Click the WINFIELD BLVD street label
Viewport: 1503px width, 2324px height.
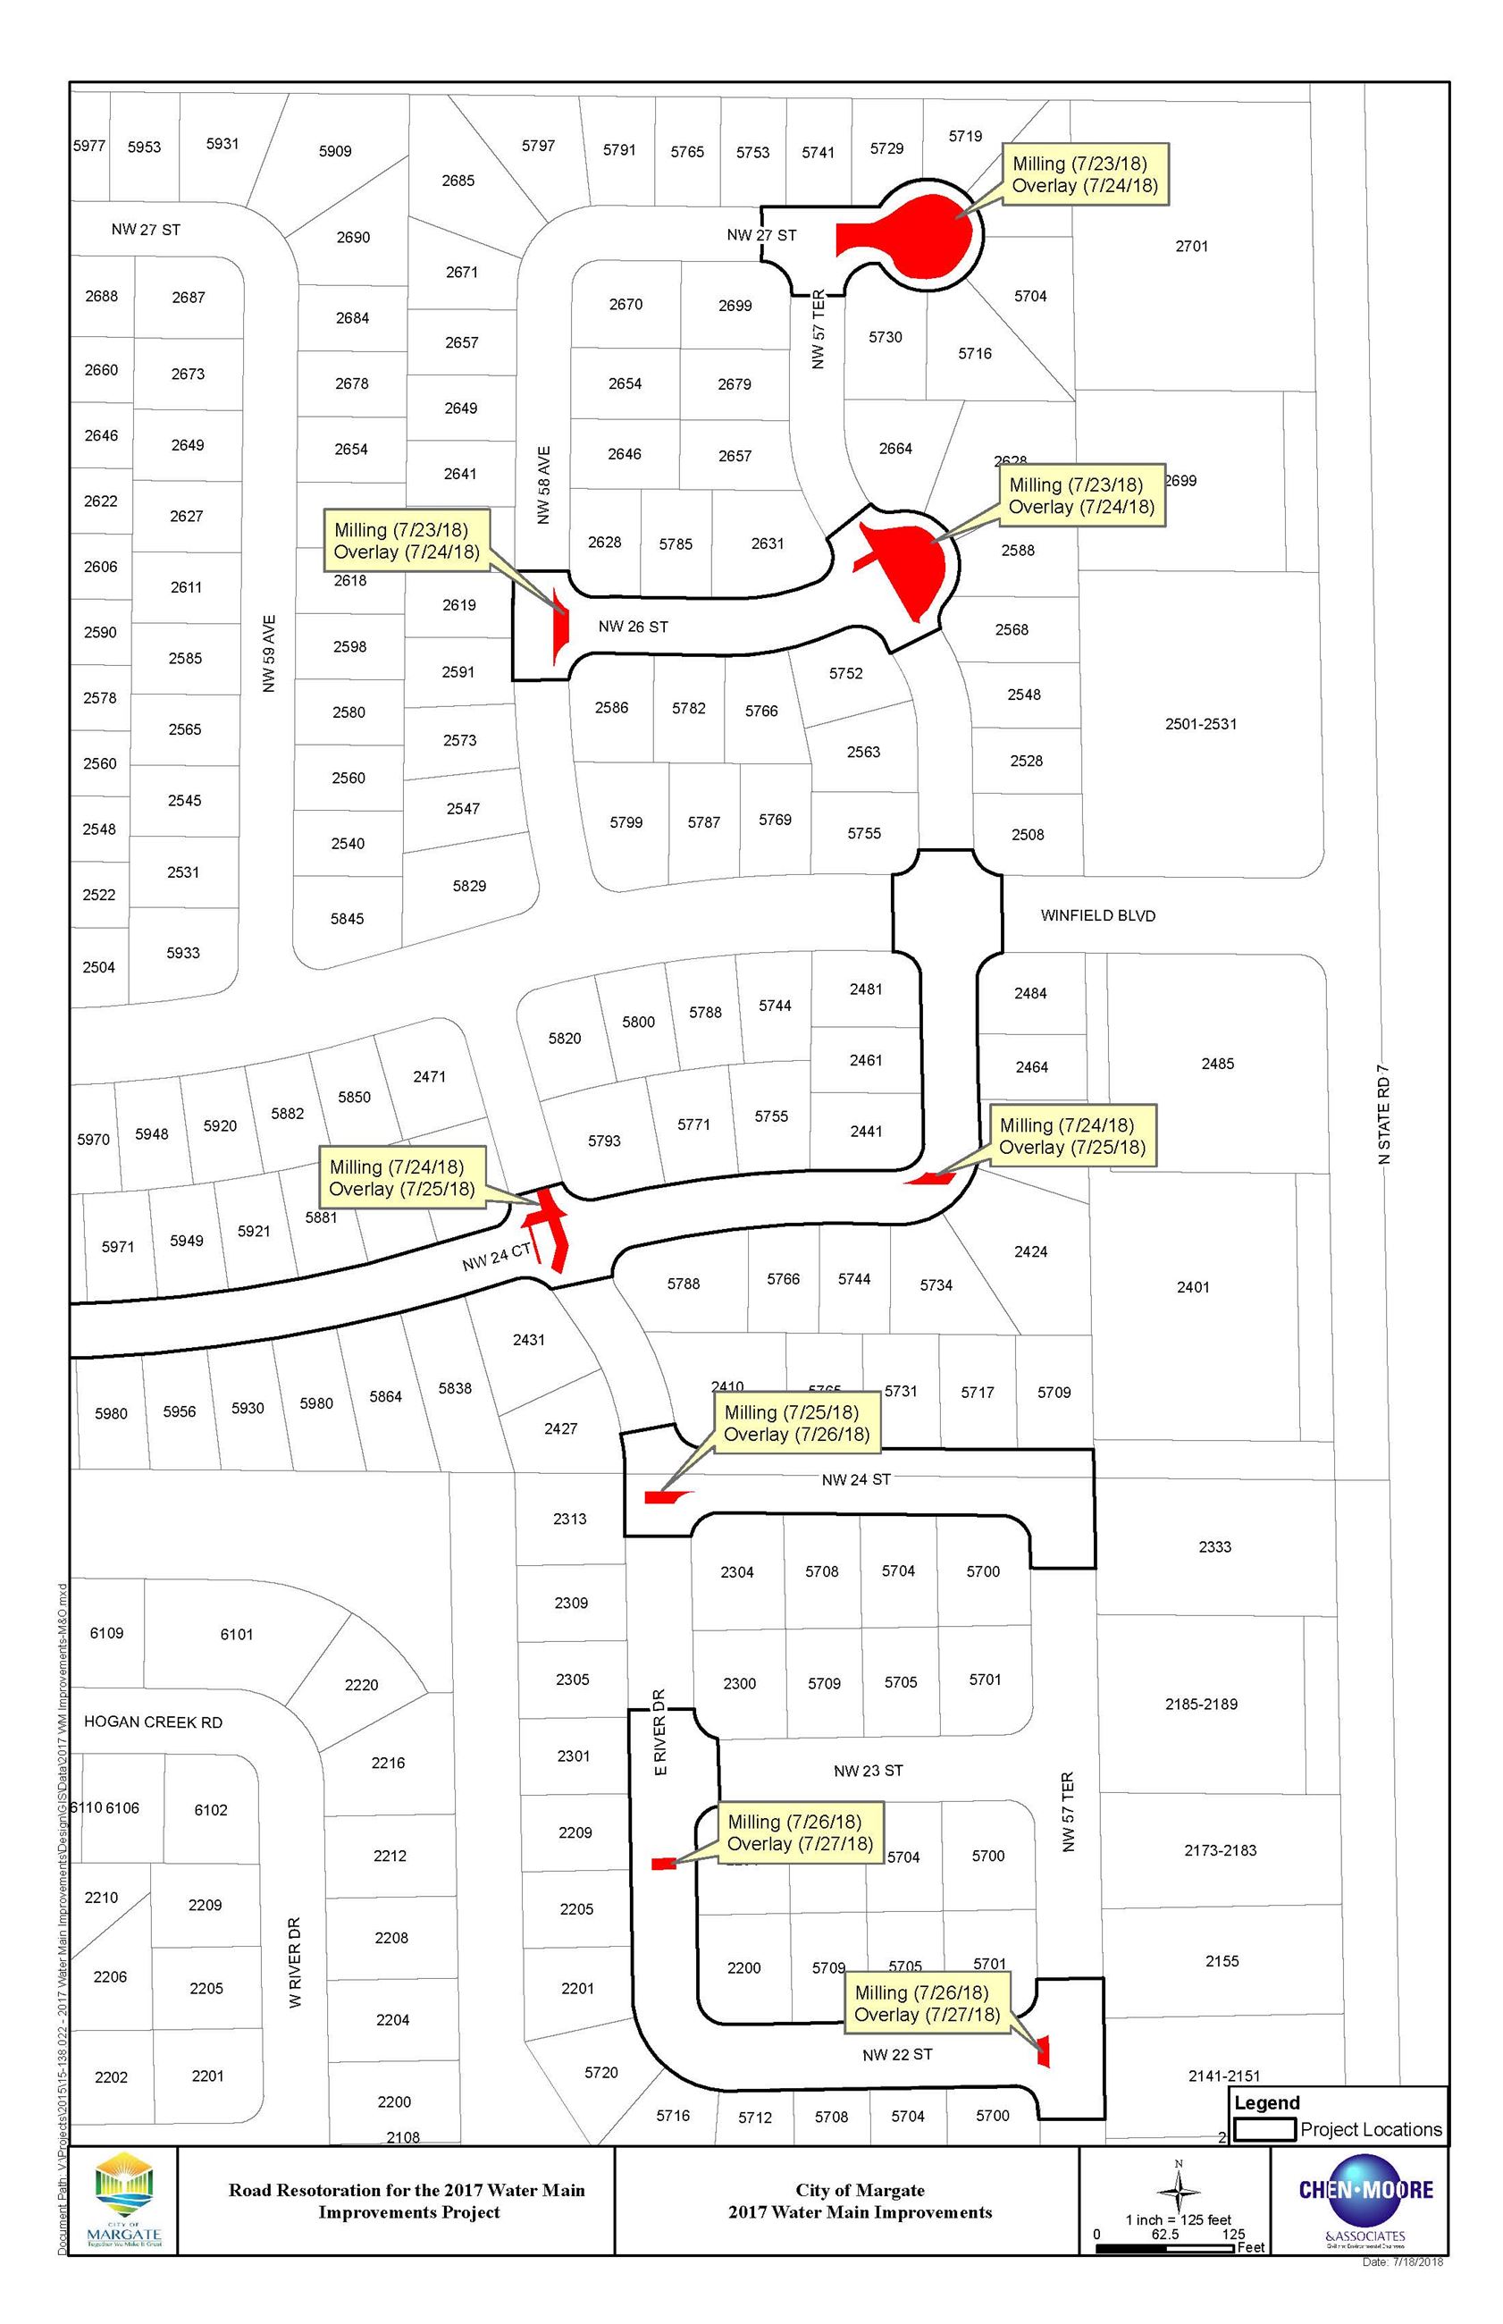[x=1097, y=915]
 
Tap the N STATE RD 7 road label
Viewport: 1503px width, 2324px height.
[x=1383, y=1113]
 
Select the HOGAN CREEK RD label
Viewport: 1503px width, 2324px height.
[x=153, y=1722]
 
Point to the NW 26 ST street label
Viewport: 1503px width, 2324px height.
[x=634, y=627]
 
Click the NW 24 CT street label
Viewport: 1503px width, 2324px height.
[x=497, y=1257]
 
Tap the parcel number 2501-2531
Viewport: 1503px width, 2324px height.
[x=1200, y=723]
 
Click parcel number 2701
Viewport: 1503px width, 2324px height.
[x=1192, y=246]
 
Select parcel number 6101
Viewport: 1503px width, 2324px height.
[x=236, y=1634]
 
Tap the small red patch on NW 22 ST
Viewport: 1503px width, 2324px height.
[x=1044, y=2050]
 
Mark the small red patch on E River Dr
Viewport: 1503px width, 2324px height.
[x=663, y=1864]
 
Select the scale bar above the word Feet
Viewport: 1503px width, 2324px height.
[x=1165, y=2249]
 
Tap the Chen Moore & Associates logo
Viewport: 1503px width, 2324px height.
[x=1365, y=2200]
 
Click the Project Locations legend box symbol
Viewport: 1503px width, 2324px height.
[x=1265, y=2130]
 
